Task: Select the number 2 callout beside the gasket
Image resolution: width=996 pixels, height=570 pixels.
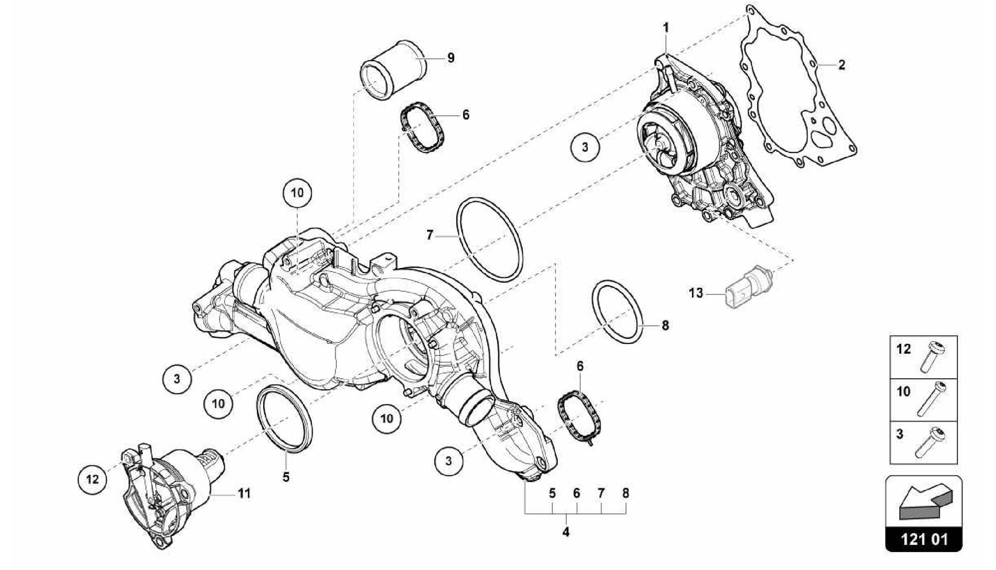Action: [841, 64]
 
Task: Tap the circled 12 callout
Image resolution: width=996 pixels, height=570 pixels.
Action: [92, 479]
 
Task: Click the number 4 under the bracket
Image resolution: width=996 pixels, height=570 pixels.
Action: [566, 532]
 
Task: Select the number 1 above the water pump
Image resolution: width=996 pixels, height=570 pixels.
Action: [666, 27]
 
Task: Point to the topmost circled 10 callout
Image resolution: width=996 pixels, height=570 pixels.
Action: [297, 193]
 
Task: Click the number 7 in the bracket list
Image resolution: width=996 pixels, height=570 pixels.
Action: [601, 493]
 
